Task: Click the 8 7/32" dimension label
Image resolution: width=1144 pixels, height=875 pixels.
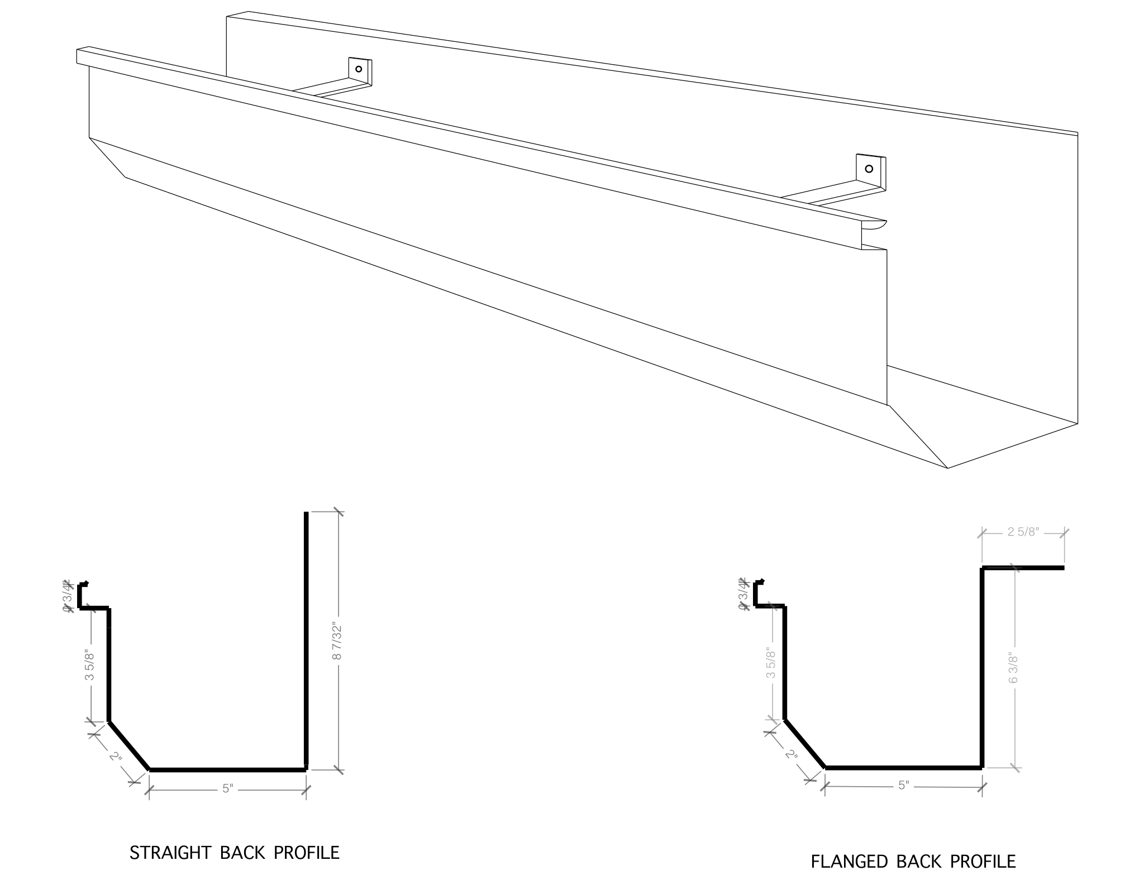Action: [336, 640]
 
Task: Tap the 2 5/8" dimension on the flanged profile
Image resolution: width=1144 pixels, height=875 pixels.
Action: [1023, 532]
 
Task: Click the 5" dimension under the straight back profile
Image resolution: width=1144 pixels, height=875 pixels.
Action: [228, 788]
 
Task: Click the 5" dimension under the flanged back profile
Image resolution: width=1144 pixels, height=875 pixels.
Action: [903, 785]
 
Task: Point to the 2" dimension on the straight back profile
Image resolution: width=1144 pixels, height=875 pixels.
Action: [115, 758]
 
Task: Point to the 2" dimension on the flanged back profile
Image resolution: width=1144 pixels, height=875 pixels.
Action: [792, 756]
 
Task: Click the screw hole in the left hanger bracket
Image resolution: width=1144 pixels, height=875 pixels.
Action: [359, 69]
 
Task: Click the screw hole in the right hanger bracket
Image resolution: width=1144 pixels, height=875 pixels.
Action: [869, 169]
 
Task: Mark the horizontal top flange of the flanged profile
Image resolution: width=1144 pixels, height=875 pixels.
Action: [1023, 568]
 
